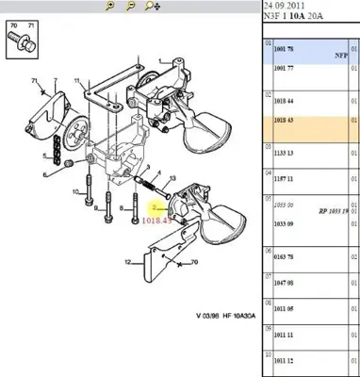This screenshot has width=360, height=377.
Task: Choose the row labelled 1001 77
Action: (x=284, y=69)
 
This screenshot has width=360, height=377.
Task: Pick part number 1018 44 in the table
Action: (x=284, y=99)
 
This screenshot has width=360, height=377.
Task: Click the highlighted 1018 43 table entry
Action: (x=284, y=121)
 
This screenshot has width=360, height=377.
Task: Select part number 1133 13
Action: (x=284, y=151)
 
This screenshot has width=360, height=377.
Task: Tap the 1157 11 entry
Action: (x=284, y=176)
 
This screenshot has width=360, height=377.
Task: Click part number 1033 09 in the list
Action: (x=284, y=222)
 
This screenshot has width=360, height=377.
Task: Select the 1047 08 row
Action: (x=284, y=281)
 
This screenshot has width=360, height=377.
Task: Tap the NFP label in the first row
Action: (x=340, y=56)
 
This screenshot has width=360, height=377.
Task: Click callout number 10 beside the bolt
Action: (x=75, y=189)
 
